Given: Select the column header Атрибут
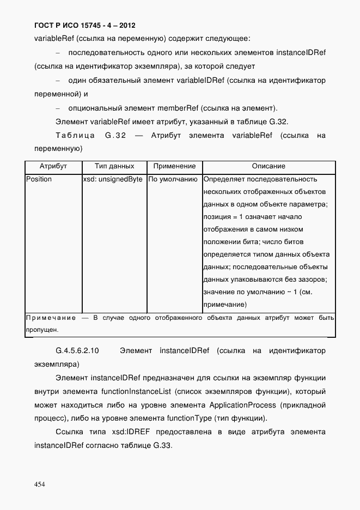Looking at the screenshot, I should pos(53,166).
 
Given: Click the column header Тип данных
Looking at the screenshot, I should pos(114,166).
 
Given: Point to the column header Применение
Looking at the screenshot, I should pos(174,166).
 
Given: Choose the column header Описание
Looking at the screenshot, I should pos(269,166).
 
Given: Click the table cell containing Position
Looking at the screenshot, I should pos(39,179).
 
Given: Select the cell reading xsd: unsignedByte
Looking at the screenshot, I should pos(113,179).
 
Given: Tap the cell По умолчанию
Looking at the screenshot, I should pos(173,179).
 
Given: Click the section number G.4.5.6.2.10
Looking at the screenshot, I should pos(77,350).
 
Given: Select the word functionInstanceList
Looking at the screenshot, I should pos(136,392).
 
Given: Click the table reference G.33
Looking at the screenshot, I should pos(161,445).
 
